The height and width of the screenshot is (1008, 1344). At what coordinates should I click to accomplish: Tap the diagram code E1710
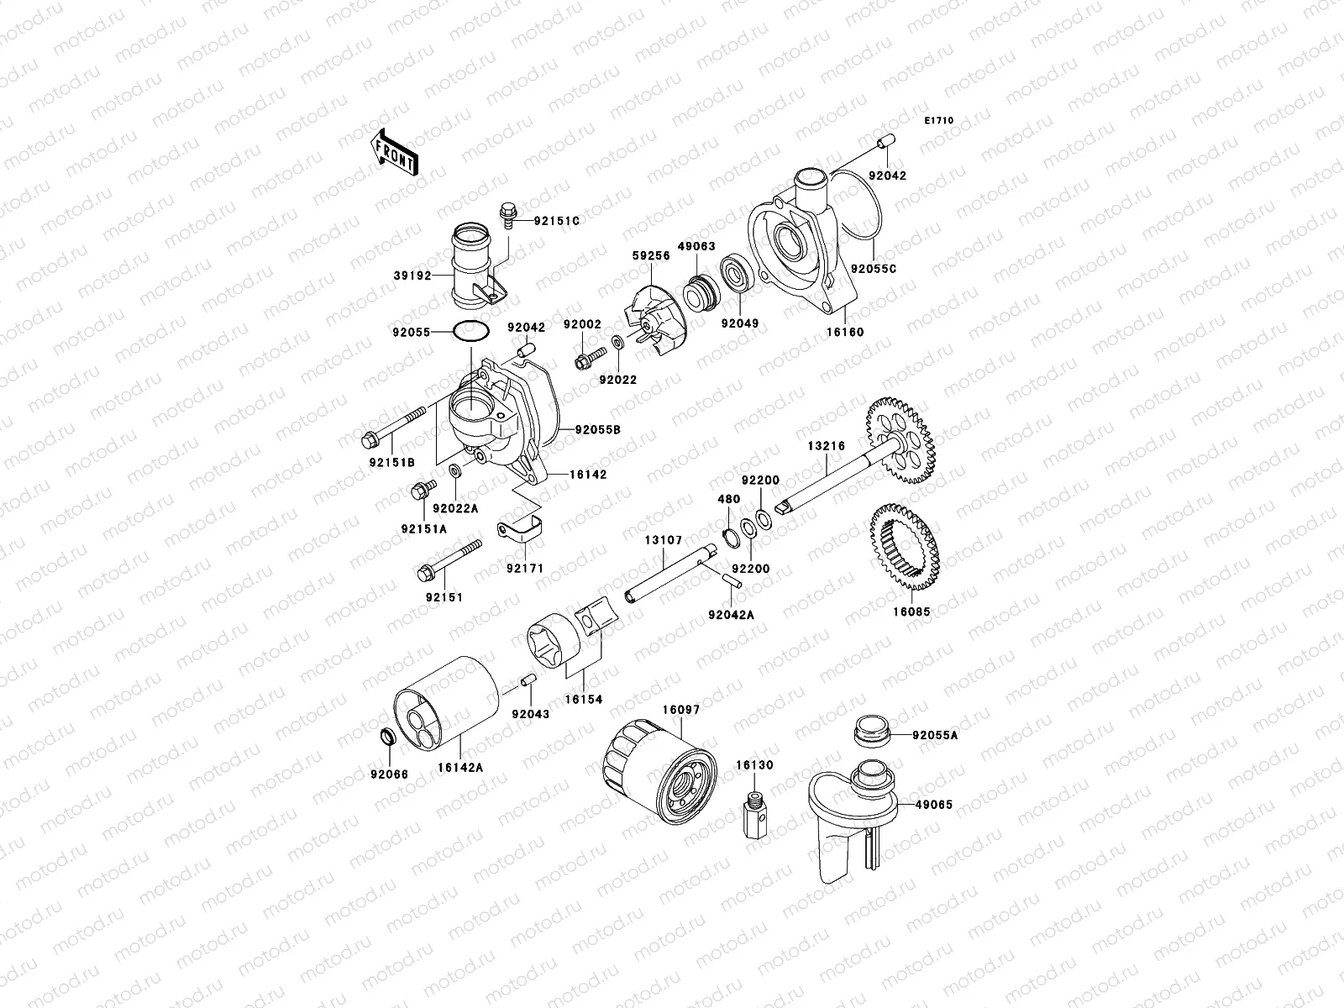pos(939,121)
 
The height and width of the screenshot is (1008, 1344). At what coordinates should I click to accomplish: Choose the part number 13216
pos(827,446)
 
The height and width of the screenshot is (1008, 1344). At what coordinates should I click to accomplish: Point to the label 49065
pos(933,804)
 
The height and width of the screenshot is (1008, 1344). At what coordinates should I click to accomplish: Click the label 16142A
pos(465,767)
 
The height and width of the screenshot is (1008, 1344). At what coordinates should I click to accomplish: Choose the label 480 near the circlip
pos(728,499)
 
